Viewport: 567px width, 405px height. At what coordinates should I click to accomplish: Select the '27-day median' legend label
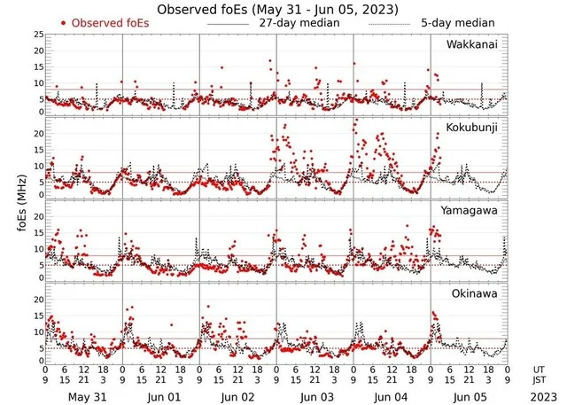pos(299,22)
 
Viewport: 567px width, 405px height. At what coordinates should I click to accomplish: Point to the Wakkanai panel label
pos(471,43)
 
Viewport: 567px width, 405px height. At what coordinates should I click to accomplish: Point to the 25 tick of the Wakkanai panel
pos(38,34)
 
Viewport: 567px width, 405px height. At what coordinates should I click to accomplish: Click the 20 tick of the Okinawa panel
pos(38,300)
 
